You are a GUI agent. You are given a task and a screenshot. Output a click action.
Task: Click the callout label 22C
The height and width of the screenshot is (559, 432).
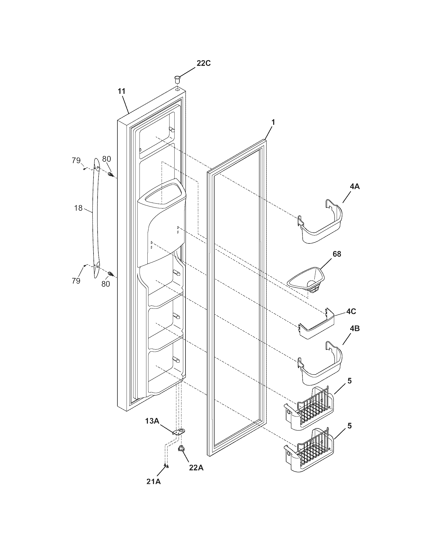204,64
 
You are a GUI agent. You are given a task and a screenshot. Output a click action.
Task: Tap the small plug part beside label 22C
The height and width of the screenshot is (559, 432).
177,79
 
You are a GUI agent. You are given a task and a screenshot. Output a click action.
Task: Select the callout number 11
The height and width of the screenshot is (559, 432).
122,91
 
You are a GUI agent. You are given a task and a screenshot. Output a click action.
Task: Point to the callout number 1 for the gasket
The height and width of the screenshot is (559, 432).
273,122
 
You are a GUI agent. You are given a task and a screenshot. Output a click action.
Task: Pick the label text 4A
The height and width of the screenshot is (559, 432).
354,187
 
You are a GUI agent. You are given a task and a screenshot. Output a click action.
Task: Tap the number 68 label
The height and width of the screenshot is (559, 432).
337,254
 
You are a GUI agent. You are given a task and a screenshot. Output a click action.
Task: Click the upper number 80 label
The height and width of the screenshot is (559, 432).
106,159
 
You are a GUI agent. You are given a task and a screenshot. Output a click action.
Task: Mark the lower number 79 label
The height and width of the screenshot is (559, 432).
76,281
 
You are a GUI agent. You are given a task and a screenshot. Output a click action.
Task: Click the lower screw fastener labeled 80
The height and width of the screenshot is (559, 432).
111,274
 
